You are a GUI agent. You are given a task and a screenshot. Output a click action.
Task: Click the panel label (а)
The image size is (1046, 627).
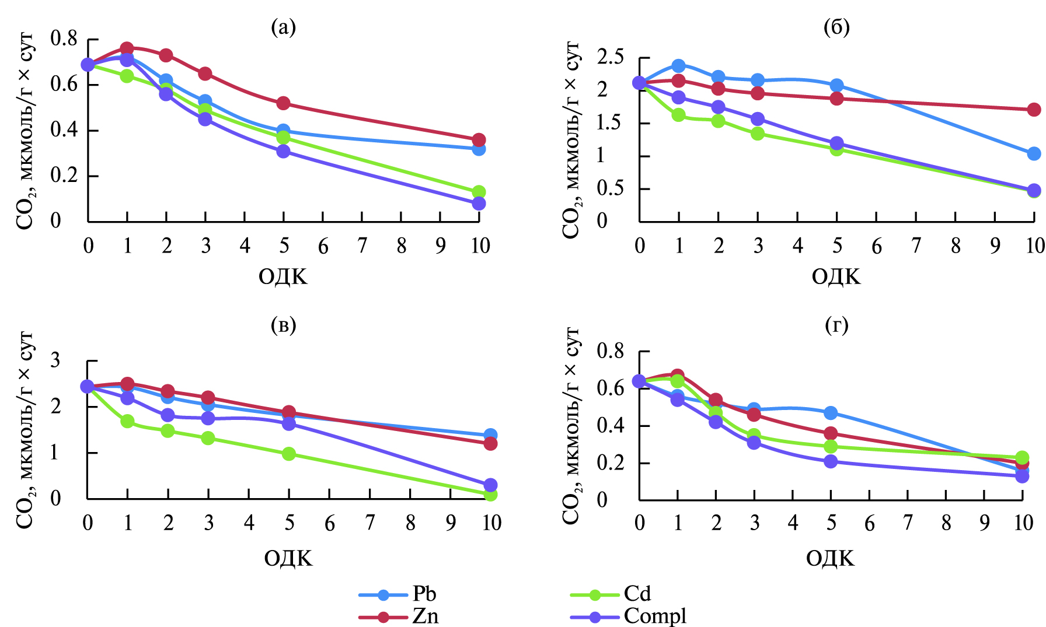coord(284,27)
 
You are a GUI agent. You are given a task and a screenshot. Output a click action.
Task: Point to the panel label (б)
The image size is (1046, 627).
coord(836,27)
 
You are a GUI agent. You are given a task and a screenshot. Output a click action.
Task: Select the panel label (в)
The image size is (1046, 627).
coord(284,325)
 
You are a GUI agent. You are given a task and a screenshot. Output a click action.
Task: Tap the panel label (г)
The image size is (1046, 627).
coord(836,325)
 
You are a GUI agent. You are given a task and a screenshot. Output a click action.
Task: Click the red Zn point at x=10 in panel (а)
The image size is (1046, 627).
coord(479,140)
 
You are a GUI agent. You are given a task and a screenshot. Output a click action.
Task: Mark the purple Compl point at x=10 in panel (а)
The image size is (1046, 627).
coord(479,204)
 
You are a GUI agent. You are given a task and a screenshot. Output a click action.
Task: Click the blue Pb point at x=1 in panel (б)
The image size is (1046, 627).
coord(678,66)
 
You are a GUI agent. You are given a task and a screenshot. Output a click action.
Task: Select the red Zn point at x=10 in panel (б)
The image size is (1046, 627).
coord(1034,110)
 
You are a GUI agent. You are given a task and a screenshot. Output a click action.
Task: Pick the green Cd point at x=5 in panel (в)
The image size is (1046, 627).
coord(289,454)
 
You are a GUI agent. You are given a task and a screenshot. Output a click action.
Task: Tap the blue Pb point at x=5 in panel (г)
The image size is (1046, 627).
coord(831,413)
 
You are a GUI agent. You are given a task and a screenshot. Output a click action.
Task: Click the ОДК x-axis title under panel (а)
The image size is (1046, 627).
coord(283,276)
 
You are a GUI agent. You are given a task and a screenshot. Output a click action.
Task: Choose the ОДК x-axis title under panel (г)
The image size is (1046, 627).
coord(830,559)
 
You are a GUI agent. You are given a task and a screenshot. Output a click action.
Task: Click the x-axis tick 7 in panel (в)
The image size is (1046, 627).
coord(370,523)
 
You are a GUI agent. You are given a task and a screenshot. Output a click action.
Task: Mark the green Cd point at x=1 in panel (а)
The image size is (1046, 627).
coord(127,76)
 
